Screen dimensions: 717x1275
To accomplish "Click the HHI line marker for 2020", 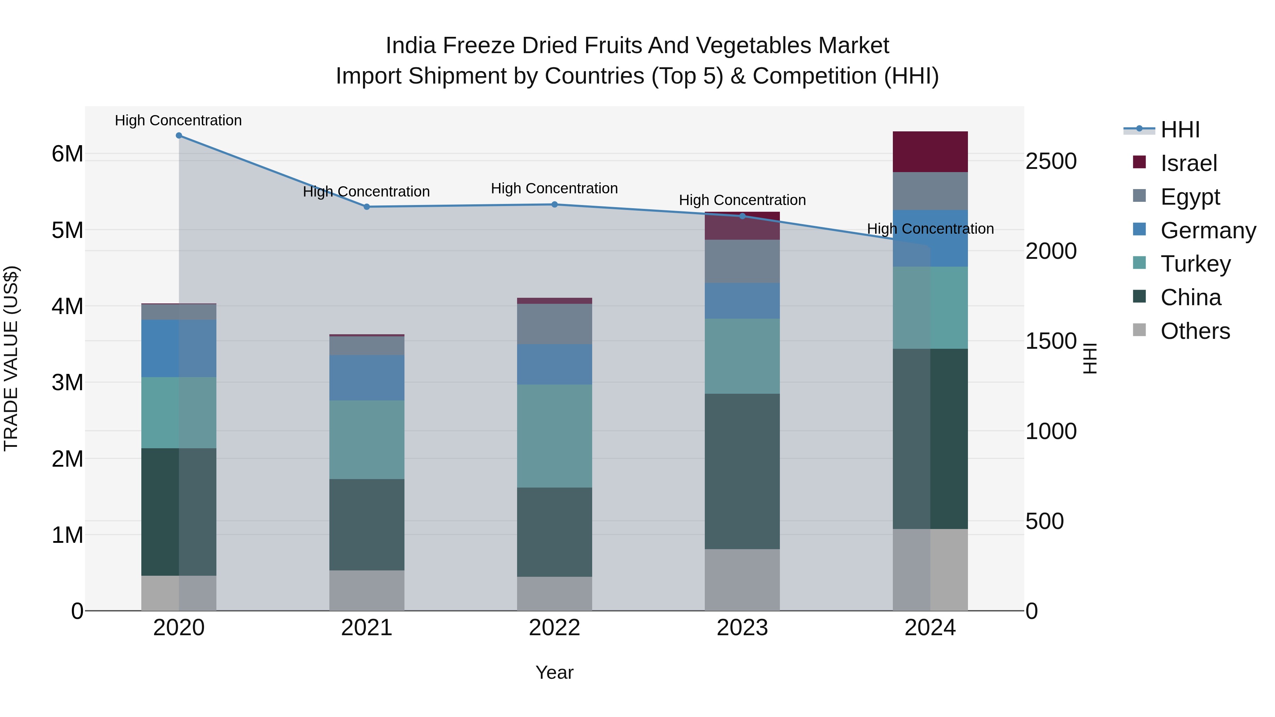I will coord(179,136).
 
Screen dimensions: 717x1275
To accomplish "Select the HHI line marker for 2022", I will coord(554,204).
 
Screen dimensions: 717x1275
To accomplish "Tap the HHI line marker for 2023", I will coord(742,216).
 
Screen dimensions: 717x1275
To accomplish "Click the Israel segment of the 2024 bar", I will coord(930,152).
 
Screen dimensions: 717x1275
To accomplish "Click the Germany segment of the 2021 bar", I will coord(367,377).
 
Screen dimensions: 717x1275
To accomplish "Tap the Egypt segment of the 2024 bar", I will coord(930,191).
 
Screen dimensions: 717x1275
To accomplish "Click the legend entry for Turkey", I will coord(1195,264).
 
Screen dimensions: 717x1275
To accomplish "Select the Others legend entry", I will coord(1195,331).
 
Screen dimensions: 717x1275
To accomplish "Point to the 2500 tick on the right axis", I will coord(1051,162).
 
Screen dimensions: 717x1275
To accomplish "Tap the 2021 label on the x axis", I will coord(367,628).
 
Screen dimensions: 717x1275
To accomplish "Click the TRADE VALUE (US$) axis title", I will coord(11,358).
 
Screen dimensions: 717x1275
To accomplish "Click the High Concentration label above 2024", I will coord(930,229).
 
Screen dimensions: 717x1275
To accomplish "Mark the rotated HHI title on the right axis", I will coord(1090,358).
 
